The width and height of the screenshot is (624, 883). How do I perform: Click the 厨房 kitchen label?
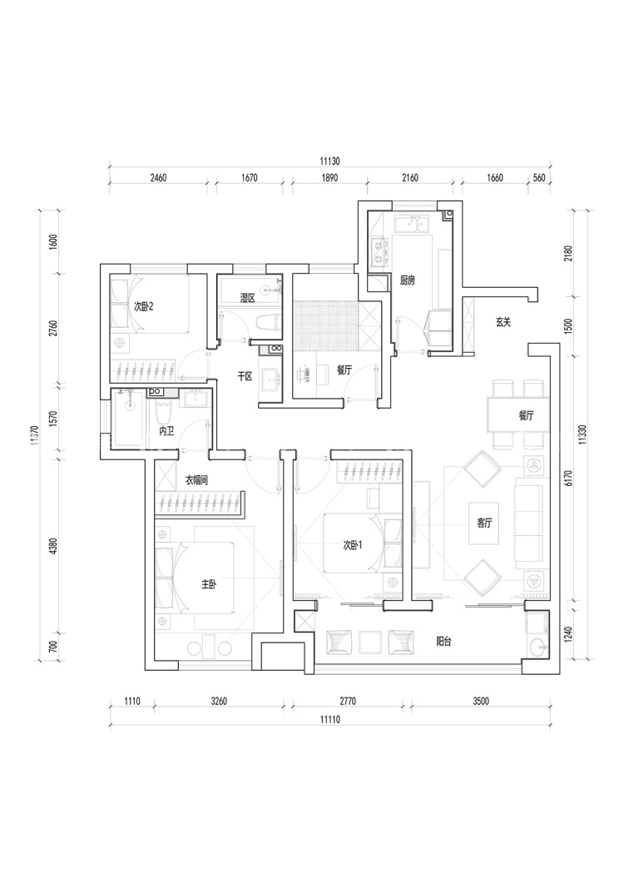[x=407, y=280]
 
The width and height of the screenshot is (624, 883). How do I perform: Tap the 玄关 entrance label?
[x=503, y=322]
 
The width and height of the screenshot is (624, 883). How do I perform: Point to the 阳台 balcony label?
[x=444, y=642]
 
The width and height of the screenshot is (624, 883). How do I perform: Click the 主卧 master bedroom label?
[x=208, y=585]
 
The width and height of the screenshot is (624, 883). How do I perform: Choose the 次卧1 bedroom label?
[x=354, y=546]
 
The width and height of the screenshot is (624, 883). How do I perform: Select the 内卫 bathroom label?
[x=166, y=431]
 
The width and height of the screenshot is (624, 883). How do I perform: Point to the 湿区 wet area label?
[x=247, y=297]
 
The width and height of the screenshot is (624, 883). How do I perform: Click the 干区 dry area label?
[x=245, y=377]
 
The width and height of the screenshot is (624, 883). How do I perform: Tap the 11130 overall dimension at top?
[x=330, y=161]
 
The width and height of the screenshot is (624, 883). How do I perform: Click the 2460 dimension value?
[x=158, y=177]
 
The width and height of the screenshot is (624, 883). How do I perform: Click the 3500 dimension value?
[x=480, y=702]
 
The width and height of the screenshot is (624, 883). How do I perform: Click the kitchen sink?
[x=411, y=224]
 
